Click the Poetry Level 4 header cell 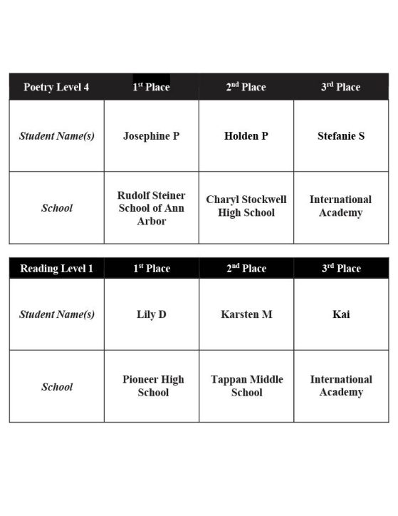click(56, 87)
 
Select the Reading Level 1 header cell click(56, 269)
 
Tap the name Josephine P click(151, 135)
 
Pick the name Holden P click(246, 135)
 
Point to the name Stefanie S click(341, 135)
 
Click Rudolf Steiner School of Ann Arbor click(151, 208)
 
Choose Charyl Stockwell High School click(246, 207)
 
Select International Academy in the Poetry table click(341, 207)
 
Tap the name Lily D click(151, 314)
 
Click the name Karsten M click(246, 314)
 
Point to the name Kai click(341, 314)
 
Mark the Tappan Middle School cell click(246, 386)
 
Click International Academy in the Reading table click(341, 386)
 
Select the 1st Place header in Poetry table click(151, 87)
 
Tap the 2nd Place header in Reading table click(246, 269)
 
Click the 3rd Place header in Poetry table click(340, 87)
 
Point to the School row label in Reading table click(57, 387)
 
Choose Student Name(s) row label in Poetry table click(56, 135)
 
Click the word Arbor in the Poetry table click(151, 222)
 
